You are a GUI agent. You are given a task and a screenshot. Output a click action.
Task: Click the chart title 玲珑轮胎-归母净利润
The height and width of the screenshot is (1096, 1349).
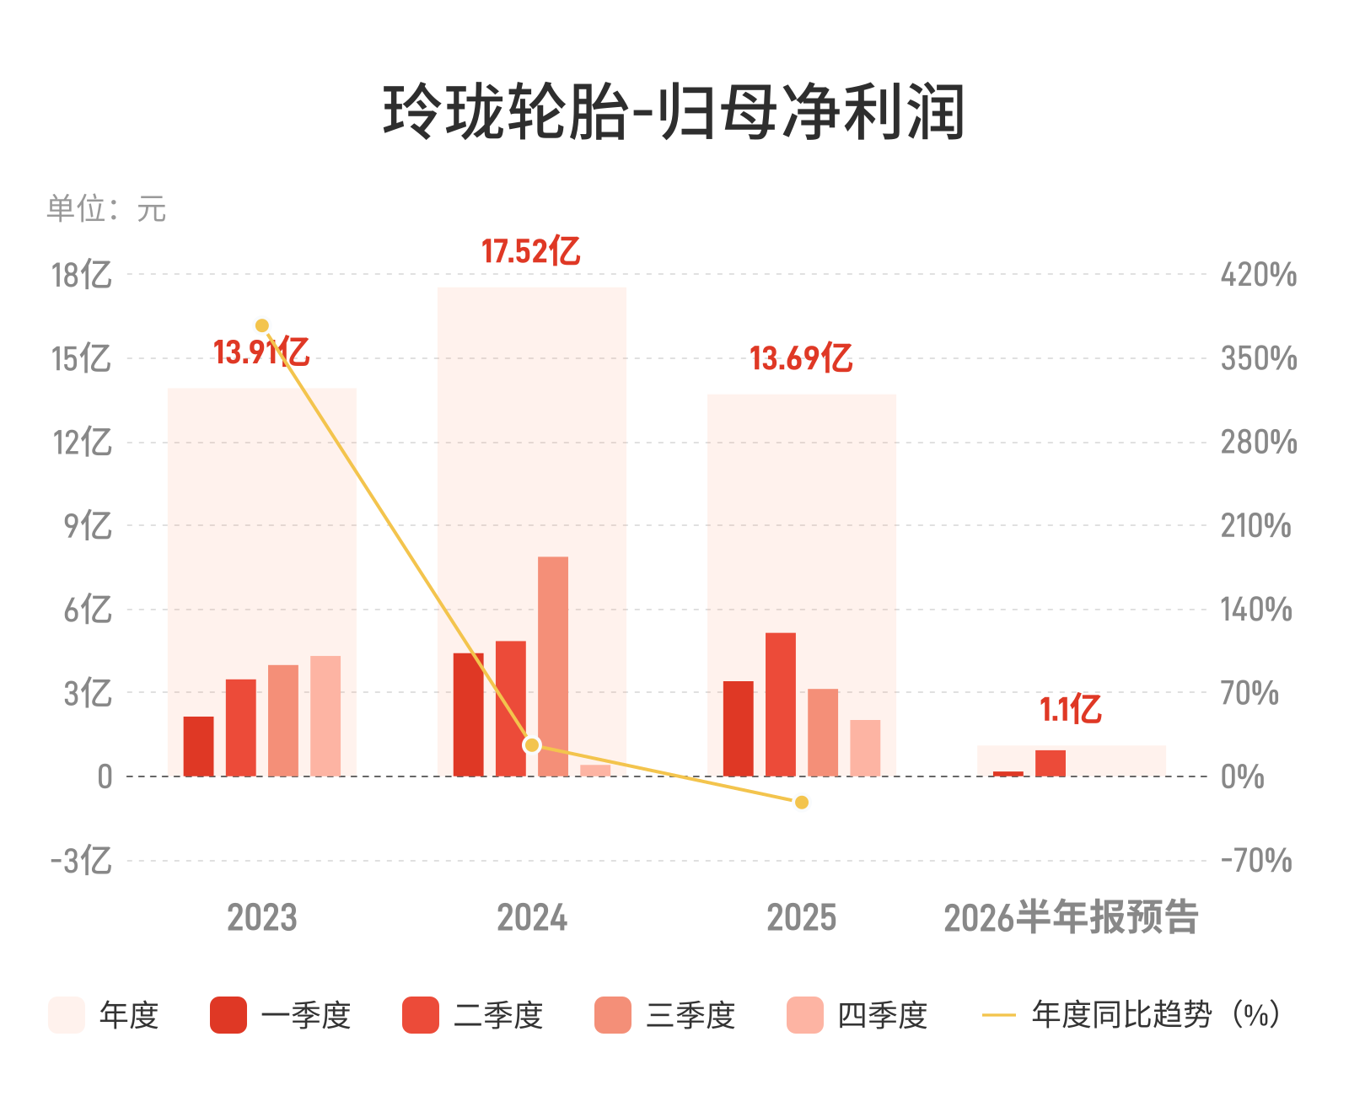[673, 111]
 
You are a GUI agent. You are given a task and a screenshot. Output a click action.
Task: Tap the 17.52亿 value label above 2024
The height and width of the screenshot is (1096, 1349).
[530, 250]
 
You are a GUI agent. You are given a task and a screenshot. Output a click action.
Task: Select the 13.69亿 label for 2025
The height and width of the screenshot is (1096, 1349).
[801, 357]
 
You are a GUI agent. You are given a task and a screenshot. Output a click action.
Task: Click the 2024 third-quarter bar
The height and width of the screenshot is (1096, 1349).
[553, 666]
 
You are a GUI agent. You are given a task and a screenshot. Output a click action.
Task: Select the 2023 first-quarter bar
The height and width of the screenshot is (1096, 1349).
[199, 746]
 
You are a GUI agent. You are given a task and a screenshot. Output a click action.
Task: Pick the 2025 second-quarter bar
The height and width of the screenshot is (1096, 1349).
[780, 705]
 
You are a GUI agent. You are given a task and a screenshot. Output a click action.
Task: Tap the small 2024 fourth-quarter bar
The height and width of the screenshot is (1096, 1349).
[595, 771]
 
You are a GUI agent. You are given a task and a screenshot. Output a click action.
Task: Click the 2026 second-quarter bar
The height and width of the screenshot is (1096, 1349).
[1051, 763]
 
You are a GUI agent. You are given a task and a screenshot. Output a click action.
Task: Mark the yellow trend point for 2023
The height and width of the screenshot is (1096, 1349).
[262, 325]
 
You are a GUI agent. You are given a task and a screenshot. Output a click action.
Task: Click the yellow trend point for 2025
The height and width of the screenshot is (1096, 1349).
[802, 803]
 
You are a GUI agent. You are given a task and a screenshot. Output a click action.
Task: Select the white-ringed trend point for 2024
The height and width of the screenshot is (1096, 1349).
[532, 745]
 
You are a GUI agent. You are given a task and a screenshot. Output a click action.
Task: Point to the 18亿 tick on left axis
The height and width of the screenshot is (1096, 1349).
[82, 275]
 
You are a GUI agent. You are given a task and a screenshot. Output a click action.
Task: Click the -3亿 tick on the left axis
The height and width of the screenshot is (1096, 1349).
[81, 860]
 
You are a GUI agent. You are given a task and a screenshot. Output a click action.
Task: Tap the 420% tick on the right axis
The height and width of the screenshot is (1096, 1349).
[1259, 275]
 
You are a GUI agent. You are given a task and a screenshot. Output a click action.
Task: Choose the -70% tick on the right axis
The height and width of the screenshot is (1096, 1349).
[1256, 860]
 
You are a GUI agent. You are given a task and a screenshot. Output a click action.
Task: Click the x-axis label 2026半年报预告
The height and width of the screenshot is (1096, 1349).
[1071, 916]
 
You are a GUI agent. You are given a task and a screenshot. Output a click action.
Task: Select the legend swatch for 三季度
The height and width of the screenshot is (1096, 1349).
[612, 1015]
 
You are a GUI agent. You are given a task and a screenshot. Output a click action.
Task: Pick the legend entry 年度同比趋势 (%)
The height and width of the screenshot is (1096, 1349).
[1131, 1015]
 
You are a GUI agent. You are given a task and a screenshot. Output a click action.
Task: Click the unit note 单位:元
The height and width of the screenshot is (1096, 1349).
[106, 208]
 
